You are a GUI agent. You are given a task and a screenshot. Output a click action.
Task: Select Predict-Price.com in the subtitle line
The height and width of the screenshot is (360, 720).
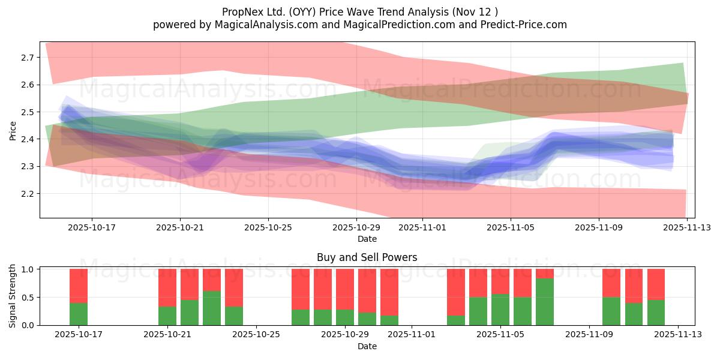tap(524, 25)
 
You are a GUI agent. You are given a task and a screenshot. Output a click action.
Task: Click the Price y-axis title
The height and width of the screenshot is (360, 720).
tap(13, 130)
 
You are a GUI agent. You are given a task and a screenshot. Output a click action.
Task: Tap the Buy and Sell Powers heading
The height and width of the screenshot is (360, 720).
tap(367, 257)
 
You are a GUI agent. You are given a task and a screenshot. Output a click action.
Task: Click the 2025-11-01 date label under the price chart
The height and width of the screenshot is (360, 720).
tap(422, 228)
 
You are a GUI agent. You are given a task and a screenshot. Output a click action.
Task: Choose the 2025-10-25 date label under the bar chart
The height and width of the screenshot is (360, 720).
tap(256, 335)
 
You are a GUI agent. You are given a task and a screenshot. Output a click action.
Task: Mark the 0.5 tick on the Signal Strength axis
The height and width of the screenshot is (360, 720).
tap(29, 298)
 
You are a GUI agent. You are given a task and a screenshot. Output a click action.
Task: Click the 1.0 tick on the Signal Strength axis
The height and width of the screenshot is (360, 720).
tap(29, 269)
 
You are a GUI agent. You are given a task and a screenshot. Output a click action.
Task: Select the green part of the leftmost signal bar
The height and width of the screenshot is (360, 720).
tap(79, 314)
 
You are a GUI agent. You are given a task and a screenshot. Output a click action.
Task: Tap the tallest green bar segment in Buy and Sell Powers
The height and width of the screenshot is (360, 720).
tap(545, 302)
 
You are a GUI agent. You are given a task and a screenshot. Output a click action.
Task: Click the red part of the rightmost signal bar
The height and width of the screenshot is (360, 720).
tap(656, 284)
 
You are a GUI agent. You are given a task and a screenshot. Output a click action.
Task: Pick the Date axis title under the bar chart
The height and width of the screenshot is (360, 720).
tap(367, 346)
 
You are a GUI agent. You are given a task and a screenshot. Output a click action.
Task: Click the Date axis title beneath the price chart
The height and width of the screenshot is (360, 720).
tap(367, 239)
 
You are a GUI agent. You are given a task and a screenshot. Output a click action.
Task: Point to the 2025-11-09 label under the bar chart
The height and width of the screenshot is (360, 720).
tap(590, 335)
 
